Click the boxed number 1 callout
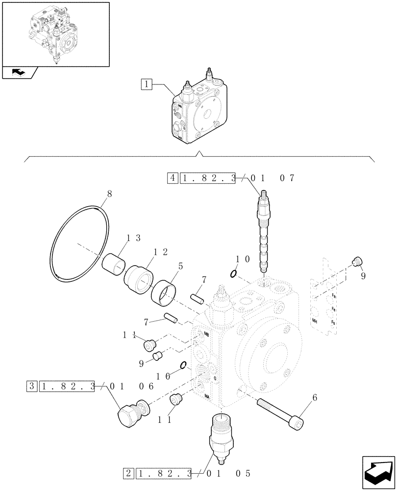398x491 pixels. (x=146, y=83)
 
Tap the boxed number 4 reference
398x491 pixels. (x=173, y=178)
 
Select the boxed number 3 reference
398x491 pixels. (x=32, y=386)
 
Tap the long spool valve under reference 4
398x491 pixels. (x=264, y=231)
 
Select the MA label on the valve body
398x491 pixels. (x=207, y=396)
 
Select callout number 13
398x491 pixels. (x=134, y=238)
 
